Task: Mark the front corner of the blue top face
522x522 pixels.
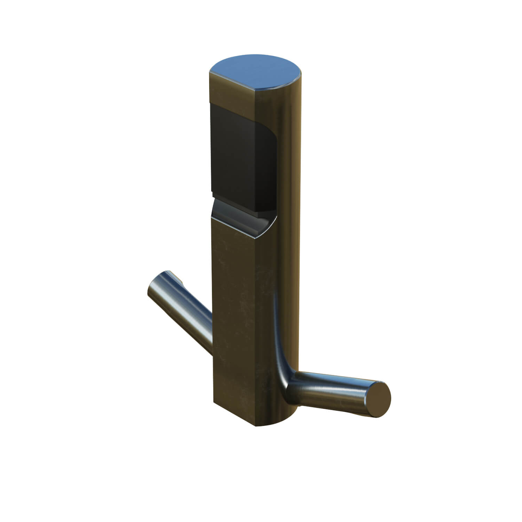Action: click(256, 90)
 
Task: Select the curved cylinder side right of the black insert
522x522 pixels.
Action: click(289, 157)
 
